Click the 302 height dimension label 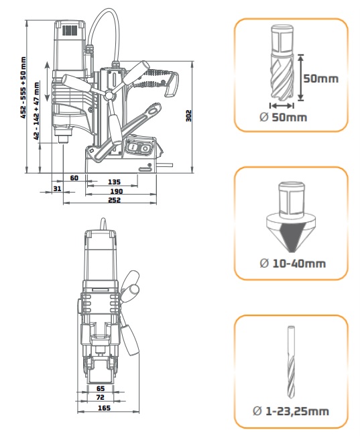(189, 115)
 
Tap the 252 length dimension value (114, 200)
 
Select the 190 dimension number (117, 191)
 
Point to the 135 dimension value (114, 182)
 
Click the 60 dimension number (74, 178)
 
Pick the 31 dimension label (57, 188)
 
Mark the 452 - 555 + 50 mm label (23, 88)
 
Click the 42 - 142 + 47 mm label (36, 111)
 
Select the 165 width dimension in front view (104, 408)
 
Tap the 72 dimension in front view (100, 398)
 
